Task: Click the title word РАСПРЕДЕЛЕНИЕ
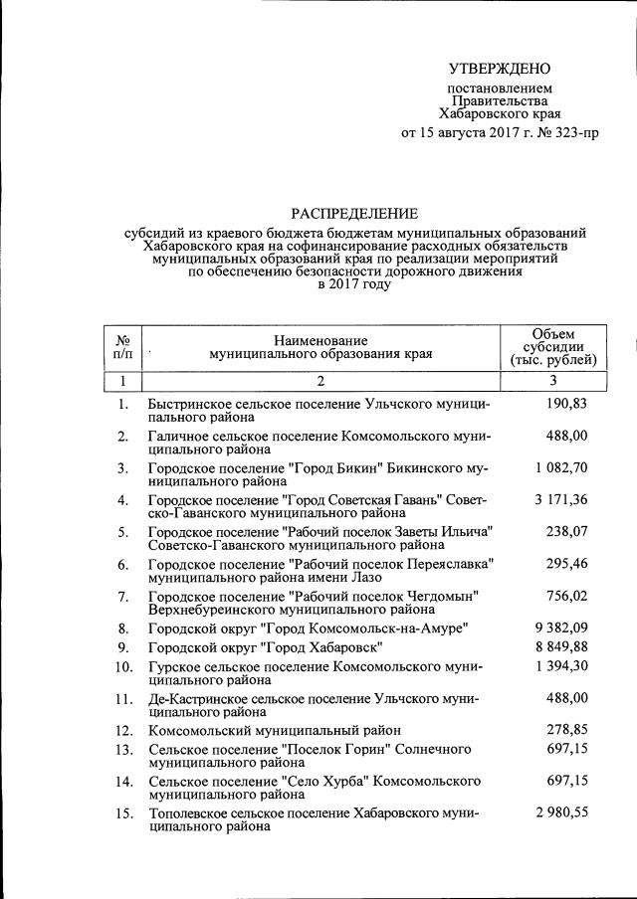[354, 212]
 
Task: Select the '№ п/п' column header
[123, 345]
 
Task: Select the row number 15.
[122, 813]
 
